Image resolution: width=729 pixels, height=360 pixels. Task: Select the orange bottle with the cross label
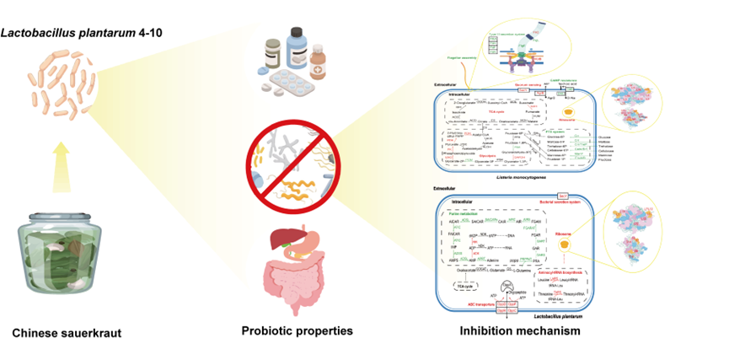[318, 64]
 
